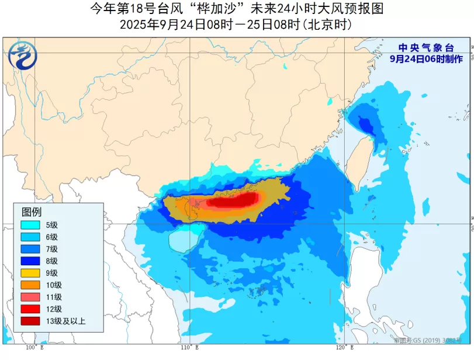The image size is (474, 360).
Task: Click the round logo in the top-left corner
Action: [22, 56]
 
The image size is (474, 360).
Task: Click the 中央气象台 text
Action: [426, 48]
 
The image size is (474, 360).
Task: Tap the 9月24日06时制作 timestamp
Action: [426, 59]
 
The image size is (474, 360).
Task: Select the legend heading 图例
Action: [32, 212]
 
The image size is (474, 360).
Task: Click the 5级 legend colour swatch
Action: [30, 225]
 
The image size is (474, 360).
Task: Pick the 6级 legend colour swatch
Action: [30, 237]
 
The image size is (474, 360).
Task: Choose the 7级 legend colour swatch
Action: [30, 249]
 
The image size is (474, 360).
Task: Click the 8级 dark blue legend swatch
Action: [30, 261]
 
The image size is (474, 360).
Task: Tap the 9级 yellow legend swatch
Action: [30, 273]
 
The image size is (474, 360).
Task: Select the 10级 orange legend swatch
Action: [30, 285]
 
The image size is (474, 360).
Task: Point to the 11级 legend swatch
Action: [30, 297]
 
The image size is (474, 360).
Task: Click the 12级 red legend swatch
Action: [30, 309]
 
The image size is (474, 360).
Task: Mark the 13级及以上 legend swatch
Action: [30, 321]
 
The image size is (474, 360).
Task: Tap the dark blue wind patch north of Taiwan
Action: [365, 124]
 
